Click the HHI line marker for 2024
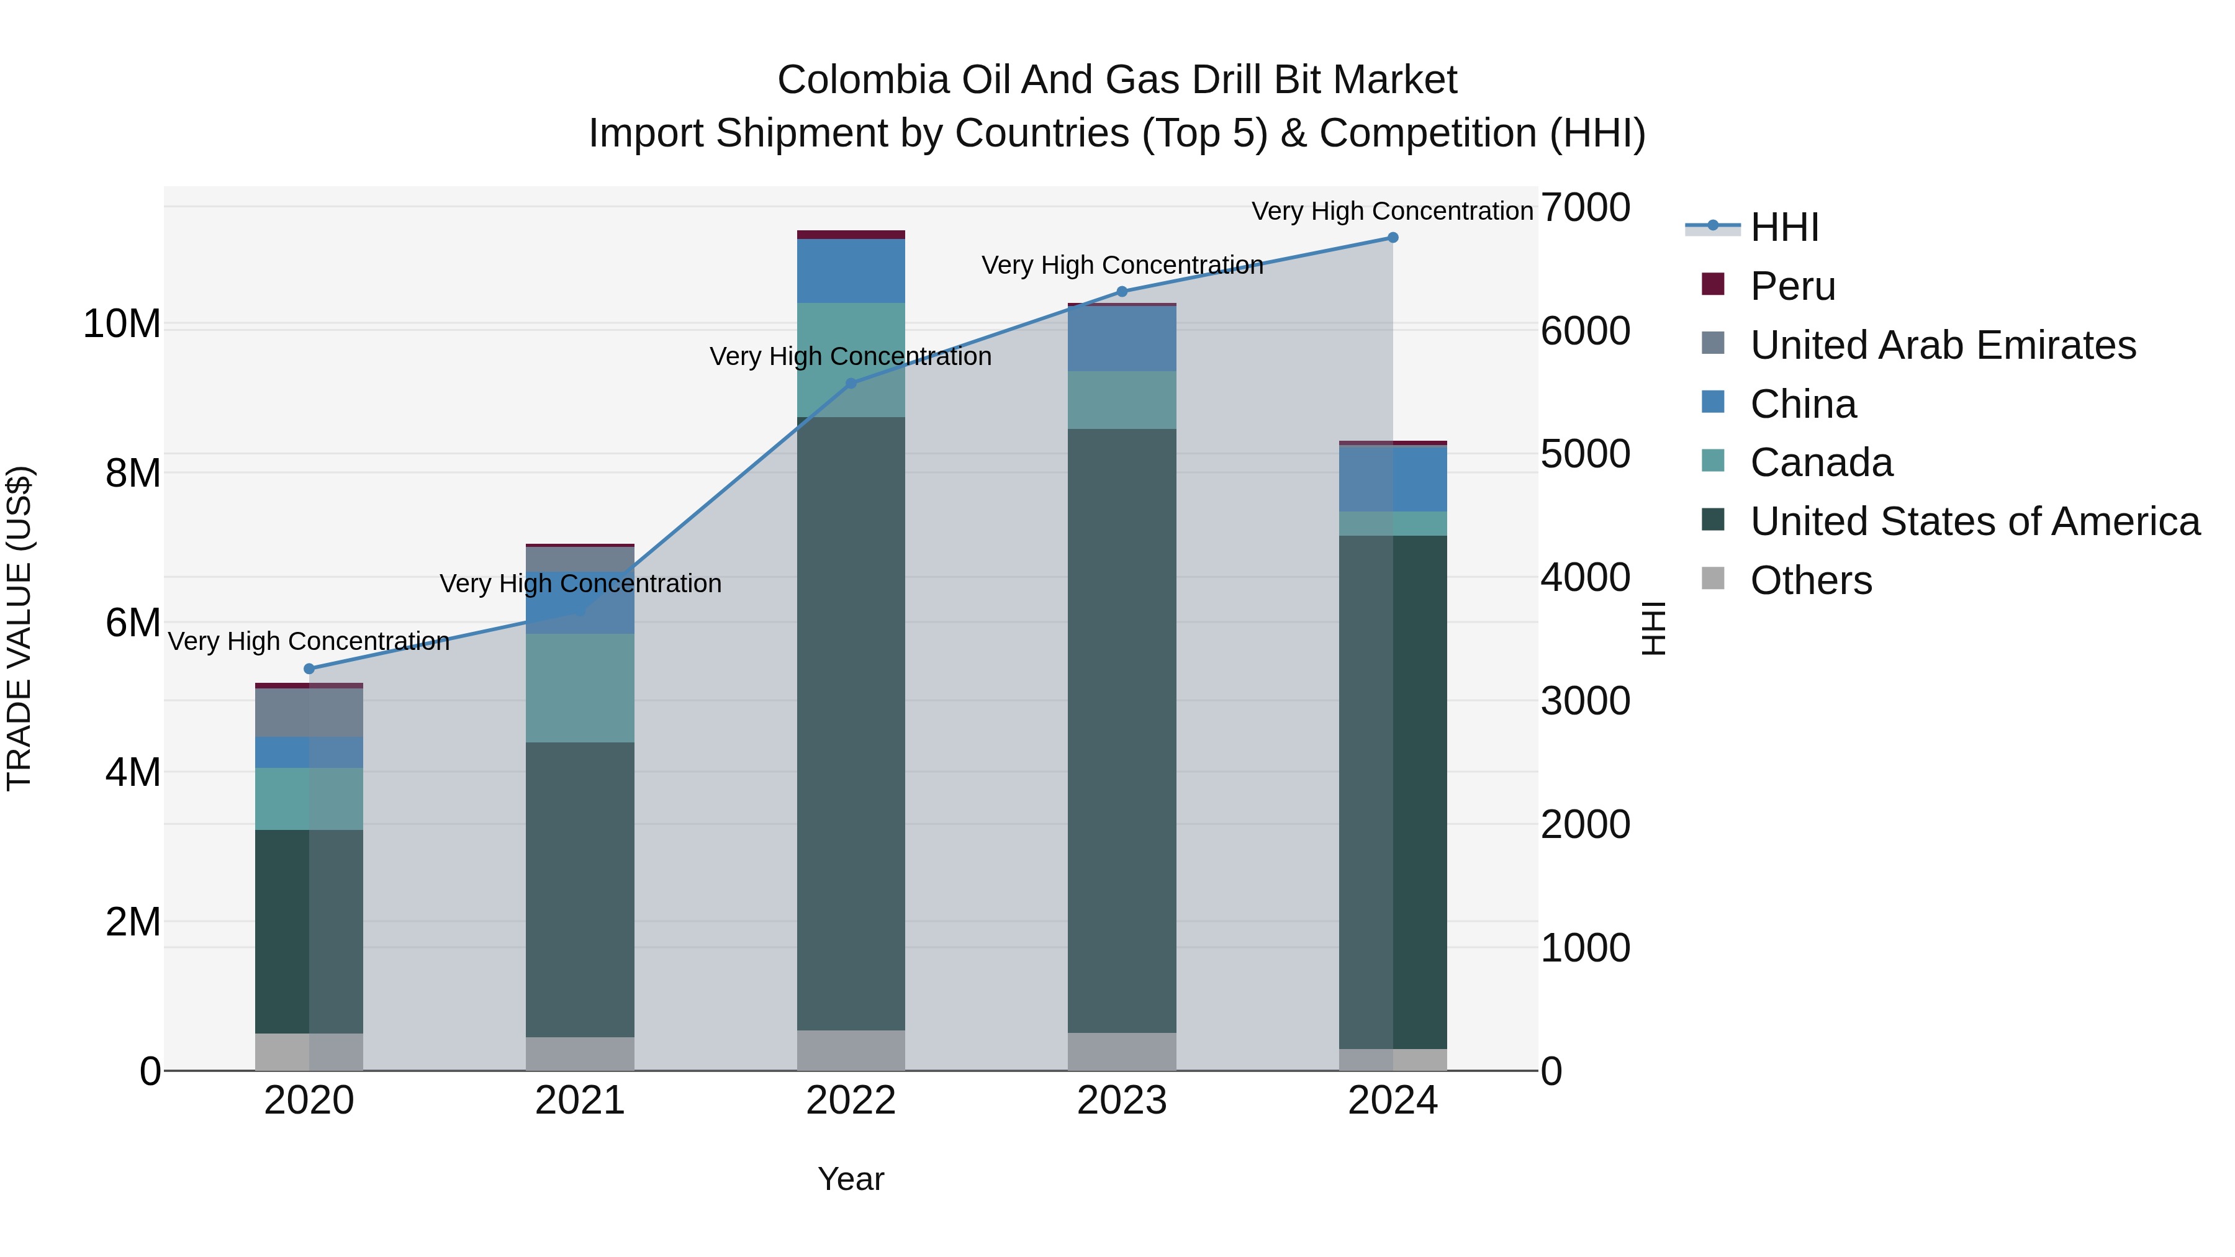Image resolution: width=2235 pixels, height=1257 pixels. click(x=1393, y=238)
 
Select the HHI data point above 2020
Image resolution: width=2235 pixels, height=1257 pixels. click(x=309, y=669)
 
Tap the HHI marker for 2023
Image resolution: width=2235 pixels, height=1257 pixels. click(x=1121, y=292)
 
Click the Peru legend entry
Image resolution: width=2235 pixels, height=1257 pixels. click(x=1792, y=286)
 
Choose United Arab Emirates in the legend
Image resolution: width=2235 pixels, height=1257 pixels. click(x=1942, y=345)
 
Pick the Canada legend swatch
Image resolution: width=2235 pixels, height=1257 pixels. click(x=1713, y=461)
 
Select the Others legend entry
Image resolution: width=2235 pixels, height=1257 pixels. click(x=1810, y=580)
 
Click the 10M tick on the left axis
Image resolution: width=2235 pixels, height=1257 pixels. click(x=122, y=325)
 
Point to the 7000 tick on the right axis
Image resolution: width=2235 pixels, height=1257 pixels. click(x=1585, y=208)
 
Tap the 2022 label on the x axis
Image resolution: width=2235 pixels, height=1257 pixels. click(x=851, y=1101)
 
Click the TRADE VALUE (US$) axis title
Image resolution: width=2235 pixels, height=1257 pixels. click(x=19, y=628)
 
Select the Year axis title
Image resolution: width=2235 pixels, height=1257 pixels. click(x=851, y=1179)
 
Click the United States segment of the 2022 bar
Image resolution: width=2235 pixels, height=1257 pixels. click(x=851, y=720)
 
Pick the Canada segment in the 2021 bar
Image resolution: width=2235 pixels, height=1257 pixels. click(x=580, y=687)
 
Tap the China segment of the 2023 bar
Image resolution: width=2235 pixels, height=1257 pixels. click(x=1121, y=338)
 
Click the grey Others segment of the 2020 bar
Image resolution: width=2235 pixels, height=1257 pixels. click(x=309, y=1052)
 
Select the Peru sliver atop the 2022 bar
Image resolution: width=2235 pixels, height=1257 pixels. click(x=851, y=234)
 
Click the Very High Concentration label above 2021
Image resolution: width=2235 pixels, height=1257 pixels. click(x=580, y=584)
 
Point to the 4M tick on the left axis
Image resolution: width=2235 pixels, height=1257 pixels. click(x=133, y=772)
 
